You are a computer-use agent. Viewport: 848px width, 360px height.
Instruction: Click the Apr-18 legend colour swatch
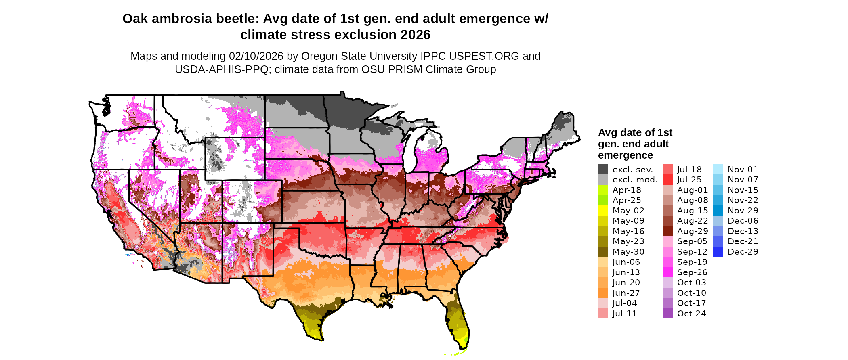pyautogui.click(x=603, y=190)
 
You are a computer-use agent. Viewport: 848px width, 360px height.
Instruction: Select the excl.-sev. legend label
pyautogui.click(x=632, y=170)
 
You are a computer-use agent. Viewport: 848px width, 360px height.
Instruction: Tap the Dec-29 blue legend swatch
pyautogui.click(x=718, y=252)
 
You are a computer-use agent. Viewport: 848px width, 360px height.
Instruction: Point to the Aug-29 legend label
pyautogui.click(x=693, y=231)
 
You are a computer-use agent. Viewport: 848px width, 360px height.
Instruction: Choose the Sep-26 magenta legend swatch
pyautogui.click(x=667, y=272)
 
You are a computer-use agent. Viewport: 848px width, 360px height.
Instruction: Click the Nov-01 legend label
pyautogui.click(x=743, y=170)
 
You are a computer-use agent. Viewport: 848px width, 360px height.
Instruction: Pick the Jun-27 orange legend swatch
pyautogui.click(x=603, y=293)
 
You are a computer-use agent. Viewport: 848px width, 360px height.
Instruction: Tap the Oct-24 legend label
pyautogui.click(x=691, y=314)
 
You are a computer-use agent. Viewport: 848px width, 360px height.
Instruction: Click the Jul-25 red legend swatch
pyautogui.click(x=667, y=180)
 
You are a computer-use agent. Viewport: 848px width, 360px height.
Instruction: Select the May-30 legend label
pyautogui.click(x=628, y=252)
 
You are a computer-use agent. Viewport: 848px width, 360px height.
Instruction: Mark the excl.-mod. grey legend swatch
pyautogui.click(x=603, y=180)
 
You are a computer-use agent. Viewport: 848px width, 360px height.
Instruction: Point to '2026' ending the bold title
pyautogui.click(x=416, y=35)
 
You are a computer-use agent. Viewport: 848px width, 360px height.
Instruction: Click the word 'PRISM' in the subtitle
pyautogui.click(x=378, y=69)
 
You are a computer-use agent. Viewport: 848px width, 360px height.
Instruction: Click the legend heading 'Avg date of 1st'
pyautogui.click(x=635, y=133)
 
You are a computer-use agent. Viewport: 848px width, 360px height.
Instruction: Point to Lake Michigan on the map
pyautogui.click(x=411, y=149)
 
